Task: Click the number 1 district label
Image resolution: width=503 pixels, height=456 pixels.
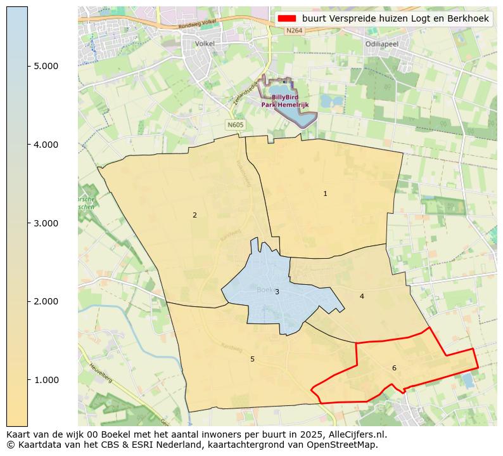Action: click(x=325, y=193)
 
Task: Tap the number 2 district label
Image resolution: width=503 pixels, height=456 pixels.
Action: click(x=194, y=215)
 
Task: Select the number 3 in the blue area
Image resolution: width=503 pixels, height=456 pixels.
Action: click(x=277, y=292)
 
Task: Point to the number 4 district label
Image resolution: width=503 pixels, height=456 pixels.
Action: click(x=362, y=296)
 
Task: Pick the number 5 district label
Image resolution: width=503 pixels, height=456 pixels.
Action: click(x=252, y=359)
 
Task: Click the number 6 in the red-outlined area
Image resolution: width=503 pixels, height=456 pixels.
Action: click(x=394, y=368)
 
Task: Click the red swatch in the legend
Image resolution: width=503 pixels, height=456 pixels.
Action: click(x=287, y=19)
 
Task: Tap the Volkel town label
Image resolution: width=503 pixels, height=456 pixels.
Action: click(x=205, y=44)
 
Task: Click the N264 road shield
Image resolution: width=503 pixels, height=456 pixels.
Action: click(x=293, y=30)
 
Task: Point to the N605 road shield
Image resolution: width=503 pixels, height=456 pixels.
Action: click(x=235, y=125)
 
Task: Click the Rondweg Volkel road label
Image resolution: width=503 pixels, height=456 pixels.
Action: click(x=197, y=25)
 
